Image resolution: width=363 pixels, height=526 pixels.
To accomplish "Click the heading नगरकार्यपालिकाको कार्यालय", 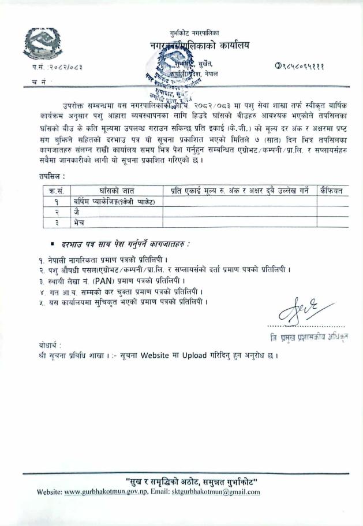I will point(196,45).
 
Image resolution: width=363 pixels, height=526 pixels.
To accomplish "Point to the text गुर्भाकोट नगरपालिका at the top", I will point(194,33).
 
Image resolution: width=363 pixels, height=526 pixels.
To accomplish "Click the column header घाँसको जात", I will point(118,190).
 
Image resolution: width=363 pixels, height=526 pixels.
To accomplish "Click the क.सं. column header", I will point(57,190).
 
